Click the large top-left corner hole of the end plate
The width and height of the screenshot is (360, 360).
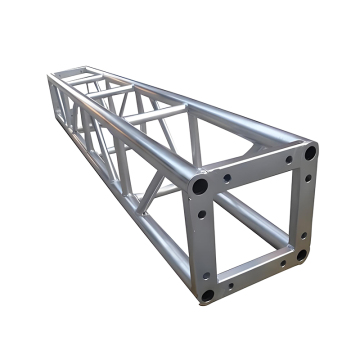(201, 187)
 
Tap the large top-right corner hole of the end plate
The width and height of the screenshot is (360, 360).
(310, 153)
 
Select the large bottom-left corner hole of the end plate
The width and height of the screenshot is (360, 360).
(207, 295)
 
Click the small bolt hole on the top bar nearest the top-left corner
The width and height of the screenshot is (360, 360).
(227, 179)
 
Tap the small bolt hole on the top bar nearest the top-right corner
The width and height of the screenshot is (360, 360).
(288, 160)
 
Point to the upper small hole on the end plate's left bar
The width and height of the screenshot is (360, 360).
(203, 213)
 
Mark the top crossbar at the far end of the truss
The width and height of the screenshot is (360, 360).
(75, 72)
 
